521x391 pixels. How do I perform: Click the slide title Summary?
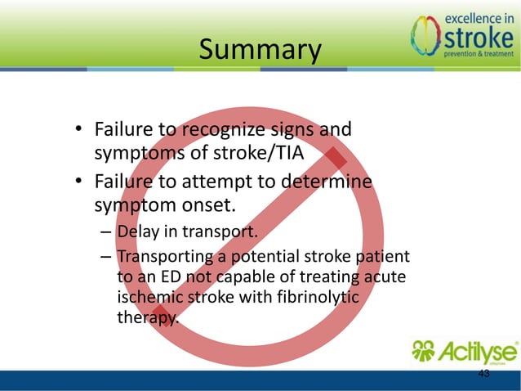click(x=260, y=50)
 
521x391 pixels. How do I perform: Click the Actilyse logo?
click(x=463, y=353)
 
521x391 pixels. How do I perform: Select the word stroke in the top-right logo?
click(x=477, y=38)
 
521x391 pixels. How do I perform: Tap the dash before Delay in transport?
click(x=106, y=232)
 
